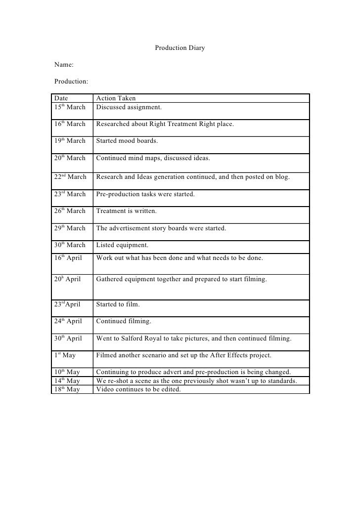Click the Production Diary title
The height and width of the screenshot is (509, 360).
180,48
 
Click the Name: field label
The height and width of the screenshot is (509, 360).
64,64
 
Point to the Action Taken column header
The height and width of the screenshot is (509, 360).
116,98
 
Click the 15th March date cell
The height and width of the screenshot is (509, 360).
70,107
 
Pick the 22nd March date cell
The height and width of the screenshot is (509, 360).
70,177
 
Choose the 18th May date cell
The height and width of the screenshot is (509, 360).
67,389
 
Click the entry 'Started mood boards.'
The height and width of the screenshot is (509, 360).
127,141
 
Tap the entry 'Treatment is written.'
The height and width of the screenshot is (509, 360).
126,211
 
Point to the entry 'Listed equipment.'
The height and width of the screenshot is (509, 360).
122,245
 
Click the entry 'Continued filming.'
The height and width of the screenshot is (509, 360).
124,322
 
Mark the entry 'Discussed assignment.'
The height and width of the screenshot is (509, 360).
129,107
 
